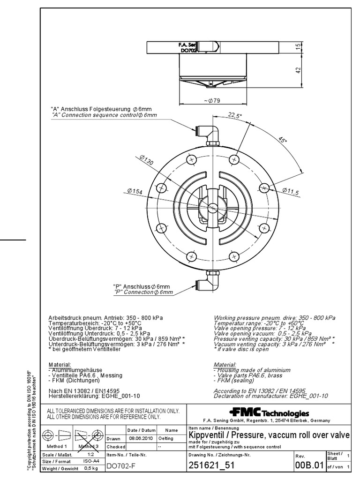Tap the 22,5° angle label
coord(234,115)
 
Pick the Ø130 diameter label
coord(146,161)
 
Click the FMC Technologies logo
coord(269,412)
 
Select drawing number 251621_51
coord(211,465)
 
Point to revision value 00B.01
coord(309,465)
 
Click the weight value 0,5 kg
coord(90,469)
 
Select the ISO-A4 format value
coord(91,462)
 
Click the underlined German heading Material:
coord(60,364)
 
